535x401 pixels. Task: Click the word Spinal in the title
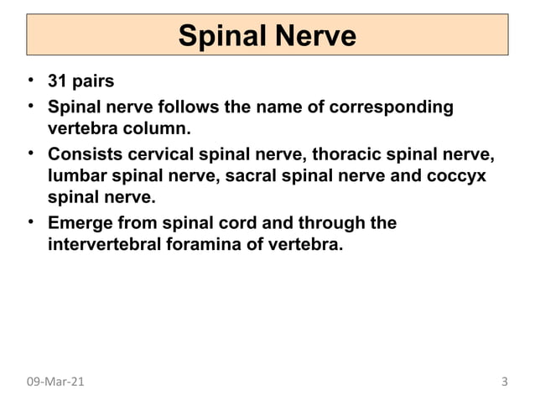(x=219, y=36)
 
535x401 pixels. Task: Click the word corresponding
(x=394, y=107)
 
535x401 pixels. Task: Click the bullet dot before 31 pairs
(x=30, y=82)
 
